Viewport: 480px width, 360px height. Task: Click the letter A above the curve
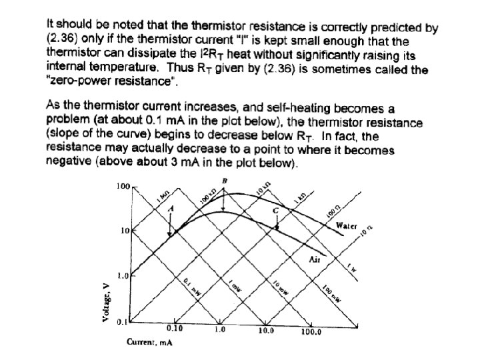tap(170, 208)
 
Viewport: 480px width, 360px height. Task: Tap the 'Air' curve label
tap(315, 259)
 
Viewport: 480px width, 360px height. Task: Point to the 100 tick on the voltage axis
tap(123, 186)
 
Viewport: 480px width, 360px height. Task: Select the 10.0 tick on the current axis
tap(265, 329)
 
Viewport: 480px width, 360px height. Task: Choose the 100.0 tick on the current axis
tap(311, 331)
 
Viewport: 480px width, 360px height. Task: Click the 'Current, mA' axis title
tap(145, 343)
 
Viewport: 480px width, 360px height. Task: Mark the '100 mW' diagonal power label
tap(331, 293)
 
